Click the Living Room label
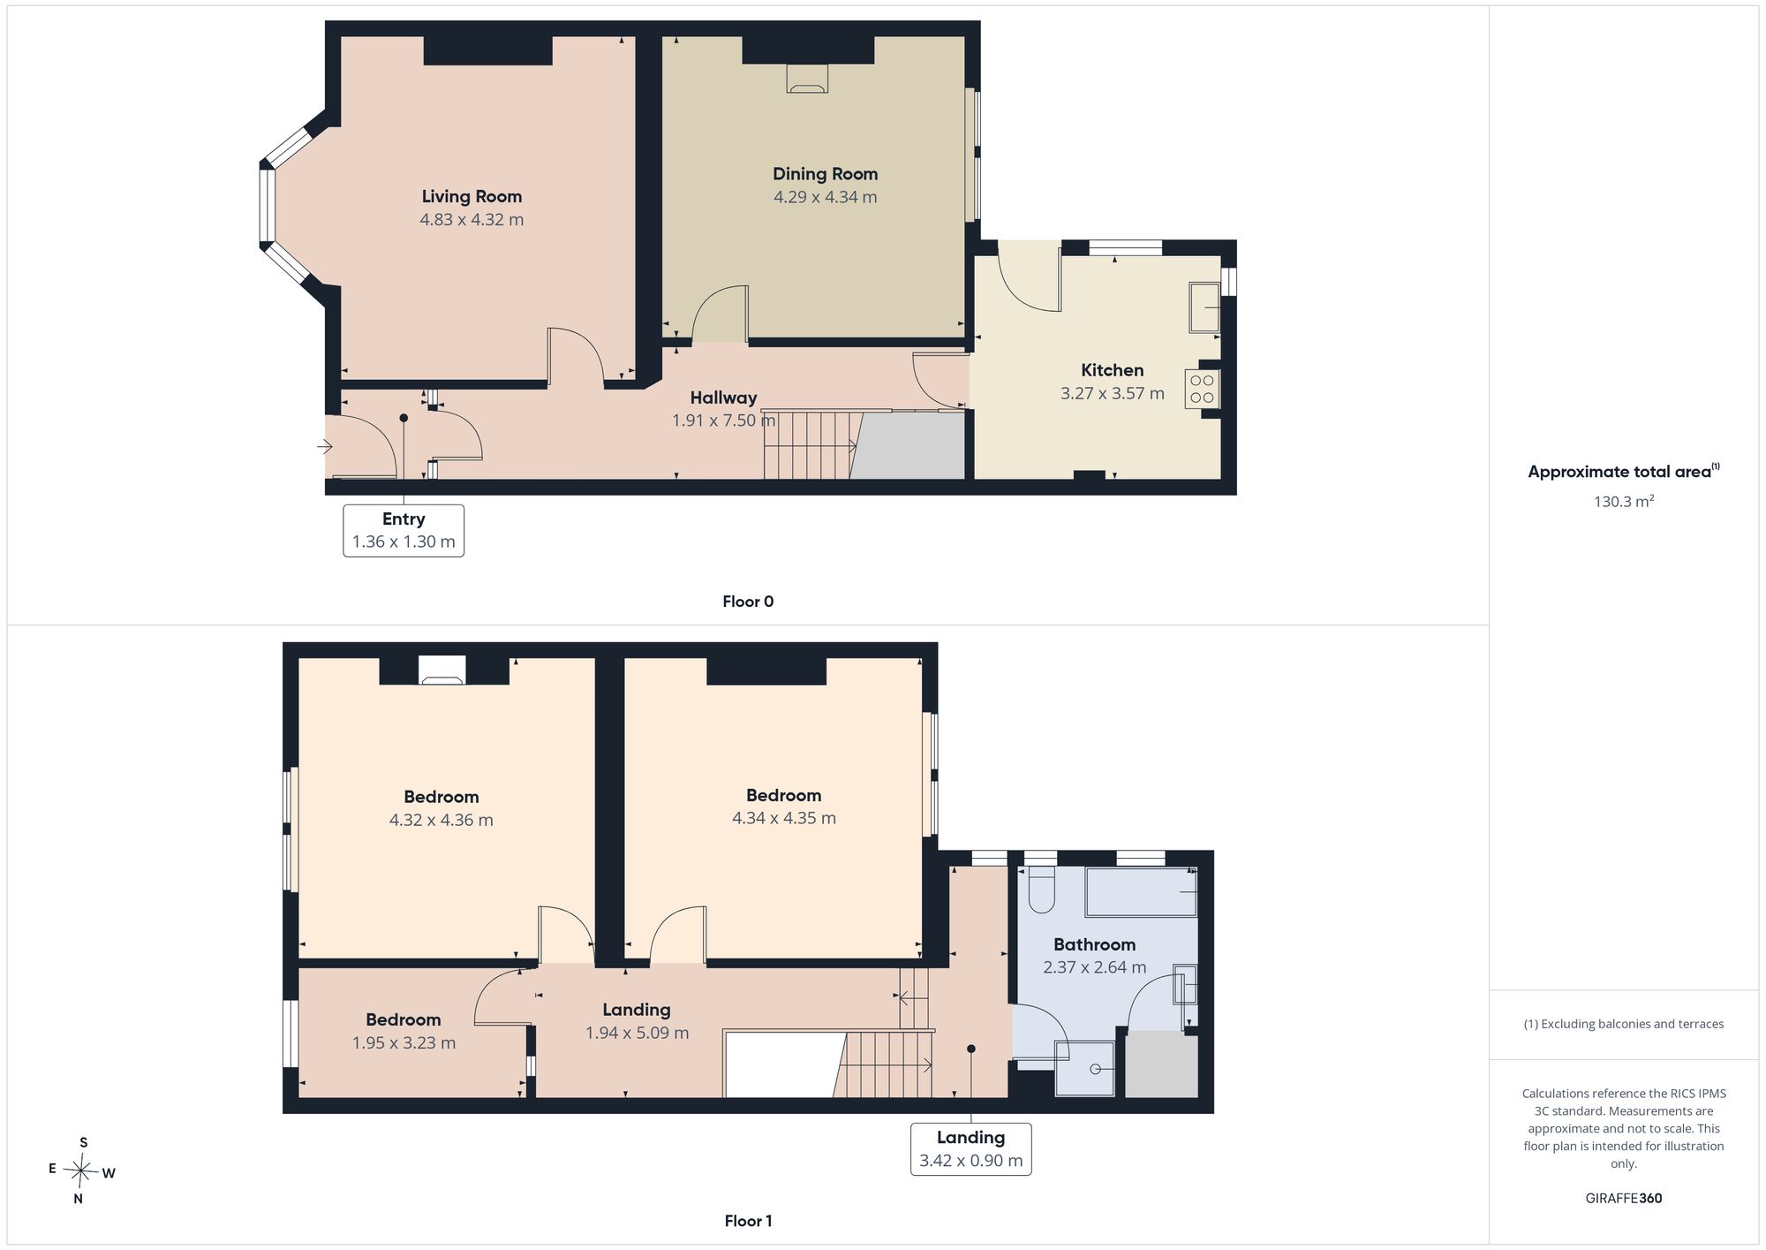coord(472,197)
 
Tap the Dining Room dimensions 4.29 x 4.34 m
coord(826,197)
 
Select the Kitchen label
coord(1113,370)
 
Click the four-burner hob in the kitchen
coord(1203,390)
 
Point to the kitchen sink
coord(1204,307)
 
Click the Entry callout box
coord(404,530)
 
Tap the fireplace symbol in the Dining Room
coord(807,79)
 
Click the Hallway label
coord(723,398)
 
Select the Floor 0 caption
coord(748,602)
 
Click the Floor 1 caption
coord(748,1221)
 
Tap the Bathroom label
coord(1094,944)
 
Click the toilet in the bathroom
coord(1041,890)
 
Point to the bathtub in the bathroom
coord(1141,892)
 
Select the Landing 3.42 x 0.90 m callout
coord(970,1148)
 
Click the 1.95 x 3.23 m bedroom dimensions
coord(404,1043)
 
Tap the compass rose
coord(81,1171)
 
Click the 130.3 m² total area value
coord(1624,501)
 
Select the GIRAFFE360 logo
coord(1624,1198)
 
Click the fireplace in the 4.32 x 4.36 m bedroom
coord(441,670)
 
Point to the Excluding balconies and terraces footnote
coord(1624,1024)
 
